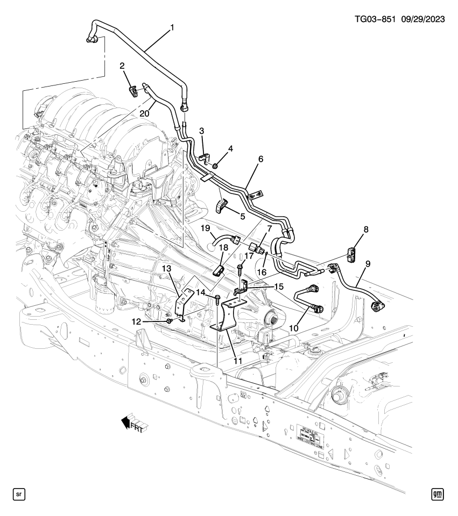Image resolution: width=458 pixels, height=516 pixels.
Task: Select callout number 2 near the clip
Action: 122,66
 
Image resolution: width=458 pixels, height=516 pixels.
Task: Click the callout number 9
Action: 368,263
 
